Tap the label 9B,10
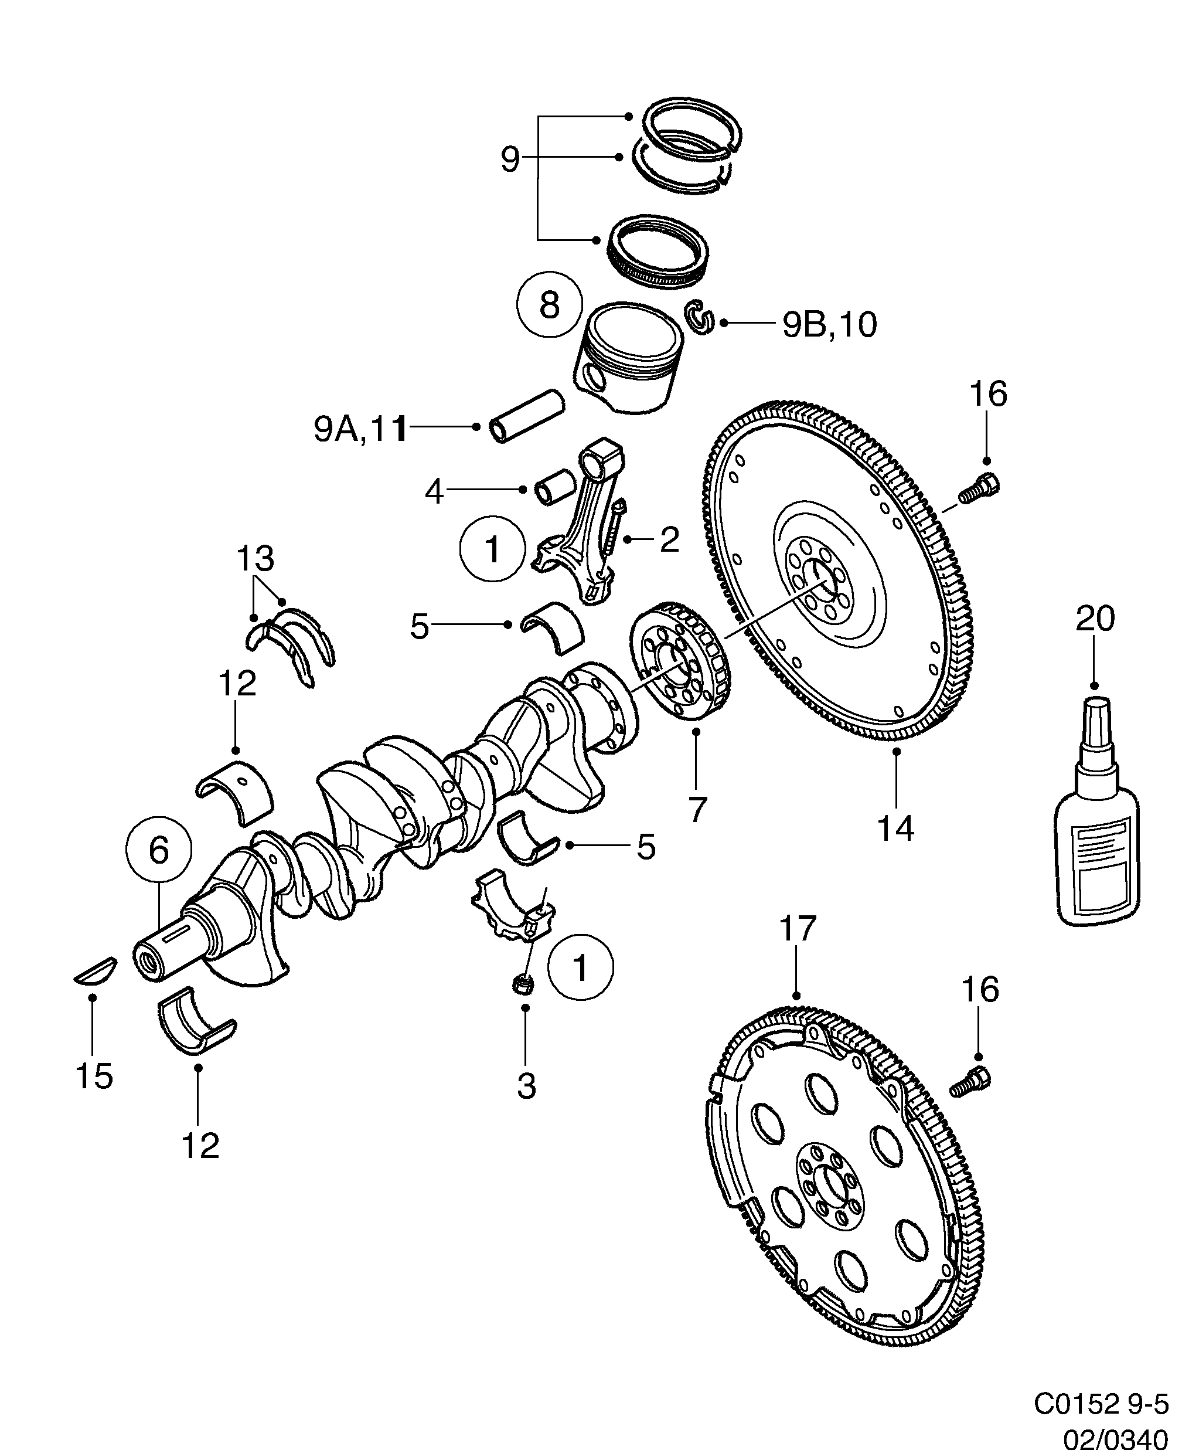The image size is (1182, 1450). pyautogui.click(x=829, y=325)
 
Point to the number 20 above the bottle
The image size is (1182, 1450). pyautogui.click(x=1095, y=619)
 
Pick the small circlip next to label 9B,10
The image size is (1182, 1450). pyautogui.click(x=699, y=317)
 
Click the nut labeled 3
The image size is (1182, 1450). pyautogui.click(x=523, y=983)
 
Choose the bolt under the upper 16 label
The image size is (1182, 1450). pyautogui.click(x=979, y=490)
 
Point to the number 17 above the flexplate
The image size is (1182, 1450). pyautogui.click(x=798, y=928)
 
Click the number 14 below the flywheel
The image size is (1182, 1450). pyautogui.click(x=895, y=828)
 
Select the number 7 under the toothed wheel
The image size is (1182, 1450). pyautogui.click(x=696, y=809)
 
